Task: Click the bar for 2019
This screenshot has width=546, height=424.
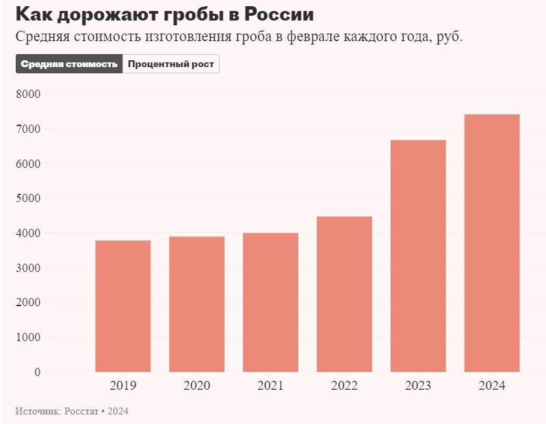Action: click(123, 306)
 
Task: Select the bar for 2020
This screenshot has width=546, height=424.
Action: click(197, 304)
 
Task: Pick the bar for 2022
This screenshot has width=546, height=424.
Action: click(344, 294)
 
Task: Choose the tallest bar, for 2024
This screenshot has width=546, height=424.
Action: click(492, 243)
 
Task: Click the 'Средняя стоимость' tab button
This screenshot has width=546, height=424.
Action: click(69, 64)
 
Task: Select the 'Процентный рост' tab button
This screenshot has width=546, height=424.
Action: click(171, 64)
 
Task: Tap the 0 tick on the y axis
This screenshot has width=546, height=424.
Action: click(37, 372)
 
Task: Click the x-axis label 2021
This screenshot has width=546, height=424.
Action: click(271, 386)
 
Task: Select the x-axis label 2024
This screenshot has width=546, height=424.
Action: click(492, 386)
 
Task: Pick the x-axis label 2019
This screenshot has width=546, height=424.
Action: click(123, 386)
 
